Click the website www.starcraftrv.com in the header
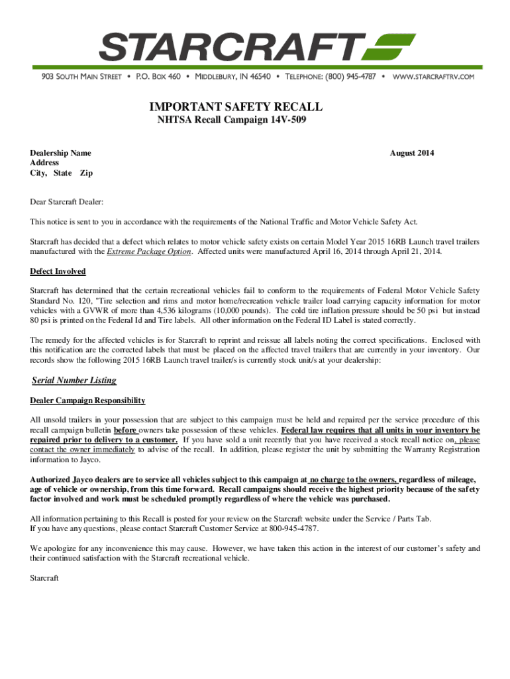434,77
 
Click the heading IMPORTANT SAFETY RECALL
236,107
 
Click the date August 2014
412,153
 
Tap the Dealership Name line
60,153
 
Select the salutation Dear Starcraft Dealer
67,202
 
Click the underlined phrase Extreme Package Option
149,252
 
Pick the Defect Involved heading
58,271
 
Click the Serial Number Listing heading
74,381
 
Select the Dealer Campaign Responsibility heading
87,401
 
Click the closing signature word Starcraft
44,578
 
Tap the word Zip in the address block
86,173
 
